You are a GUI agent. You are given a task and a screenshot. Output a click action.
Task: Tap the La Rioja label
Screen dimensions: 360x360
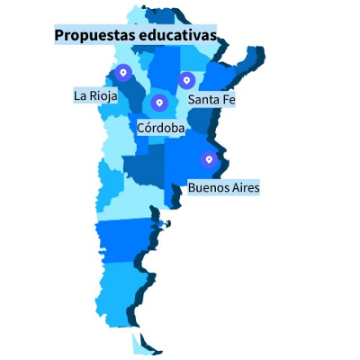pos(95,95)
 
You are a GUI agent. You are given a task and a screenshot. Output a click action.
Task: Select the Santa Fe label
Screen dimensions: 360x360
pos(211,100)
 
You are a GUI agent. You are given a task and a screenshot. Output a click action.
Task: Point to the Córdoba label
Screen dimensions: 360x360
pos(161,129)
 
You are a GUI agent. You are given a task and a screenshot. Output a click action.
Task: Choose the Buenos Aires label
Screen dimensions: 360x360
pos(223,188)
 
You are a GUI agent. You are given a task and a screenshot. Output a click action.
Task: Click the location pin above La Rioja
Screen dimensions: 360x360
pos(123,73)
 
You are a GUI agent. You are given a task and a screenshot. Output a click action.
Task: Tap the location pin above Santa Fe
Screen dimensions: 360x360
pos(187,80)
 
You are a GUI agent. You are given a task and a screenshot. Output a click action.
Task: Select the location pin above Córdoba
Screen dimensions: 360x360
pos(159,103)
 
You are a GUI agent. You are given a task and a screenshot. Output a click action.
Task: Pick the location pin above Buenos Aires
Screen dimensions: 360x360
pos(210,160)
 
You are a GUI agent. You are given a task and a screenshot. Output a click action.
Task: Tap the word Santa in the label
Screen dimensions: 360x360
pos(203,100)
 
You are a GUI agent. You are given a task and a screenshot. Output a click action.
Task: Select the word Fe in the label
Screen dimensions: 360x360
pos(229,100)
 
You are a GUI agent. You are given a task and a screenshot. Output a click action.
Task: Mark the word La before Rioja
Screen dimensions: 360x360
pos(80,95)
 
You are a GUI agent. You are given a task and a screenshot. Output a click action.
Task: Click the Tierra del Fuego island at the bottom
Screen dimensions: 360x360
pos(139,345)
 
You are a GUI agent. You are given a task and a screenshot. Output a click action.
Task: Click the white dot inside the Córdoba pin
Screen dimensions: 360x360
pos(159,103)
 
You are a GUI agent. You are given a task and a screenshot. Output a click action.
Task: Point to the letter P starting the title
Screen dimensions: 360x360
pos(59,35)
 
